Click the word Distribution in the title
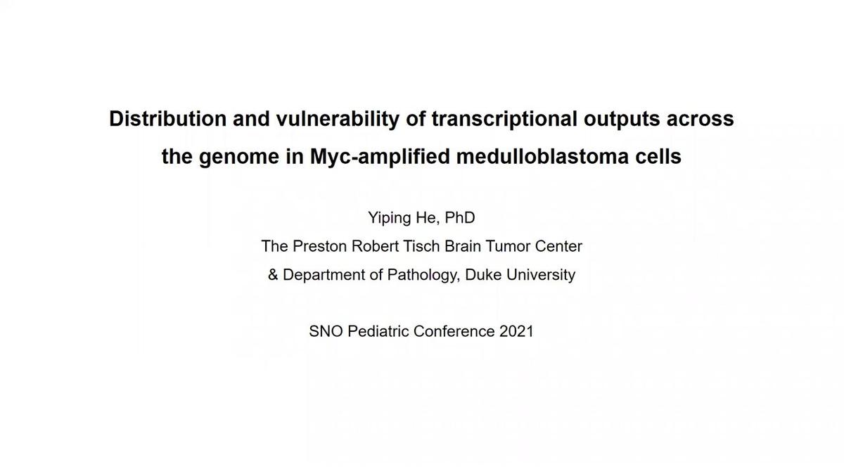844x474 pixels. (167, 119)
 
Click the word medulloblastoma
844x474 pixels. (542, 156)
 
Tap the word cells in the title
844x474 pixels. (658, 156)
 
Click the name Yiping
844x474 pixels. (389, 219)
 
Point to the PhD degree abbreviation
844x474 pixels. (460, 217)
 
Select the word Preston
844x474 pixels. (319, 246)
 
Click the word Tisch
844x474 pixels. (421, 246)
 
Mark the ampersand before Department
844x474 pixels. (273, 275)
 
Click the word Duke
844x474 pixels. (484, 275)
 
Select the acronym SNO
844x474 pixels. (326, 331)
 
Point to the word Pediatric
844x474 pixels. (378, 331)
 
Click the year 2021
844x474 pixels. (516, 331)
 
